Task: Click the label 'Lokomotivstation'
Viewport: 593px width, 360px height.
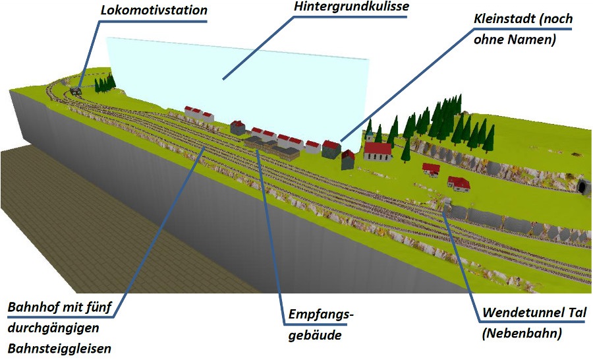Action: tap(154, 10)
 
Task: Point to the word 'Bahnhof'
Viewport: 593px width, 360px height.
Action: tap(32, 308)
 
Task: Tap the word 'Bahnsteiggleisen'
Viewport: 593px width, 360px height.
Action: tap(60, 347)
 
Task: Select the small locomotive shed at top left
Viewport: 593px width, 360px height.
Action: tap(76, 92)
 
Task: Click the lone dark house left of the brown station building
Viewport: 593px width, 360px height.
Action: tap(238, 127)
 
